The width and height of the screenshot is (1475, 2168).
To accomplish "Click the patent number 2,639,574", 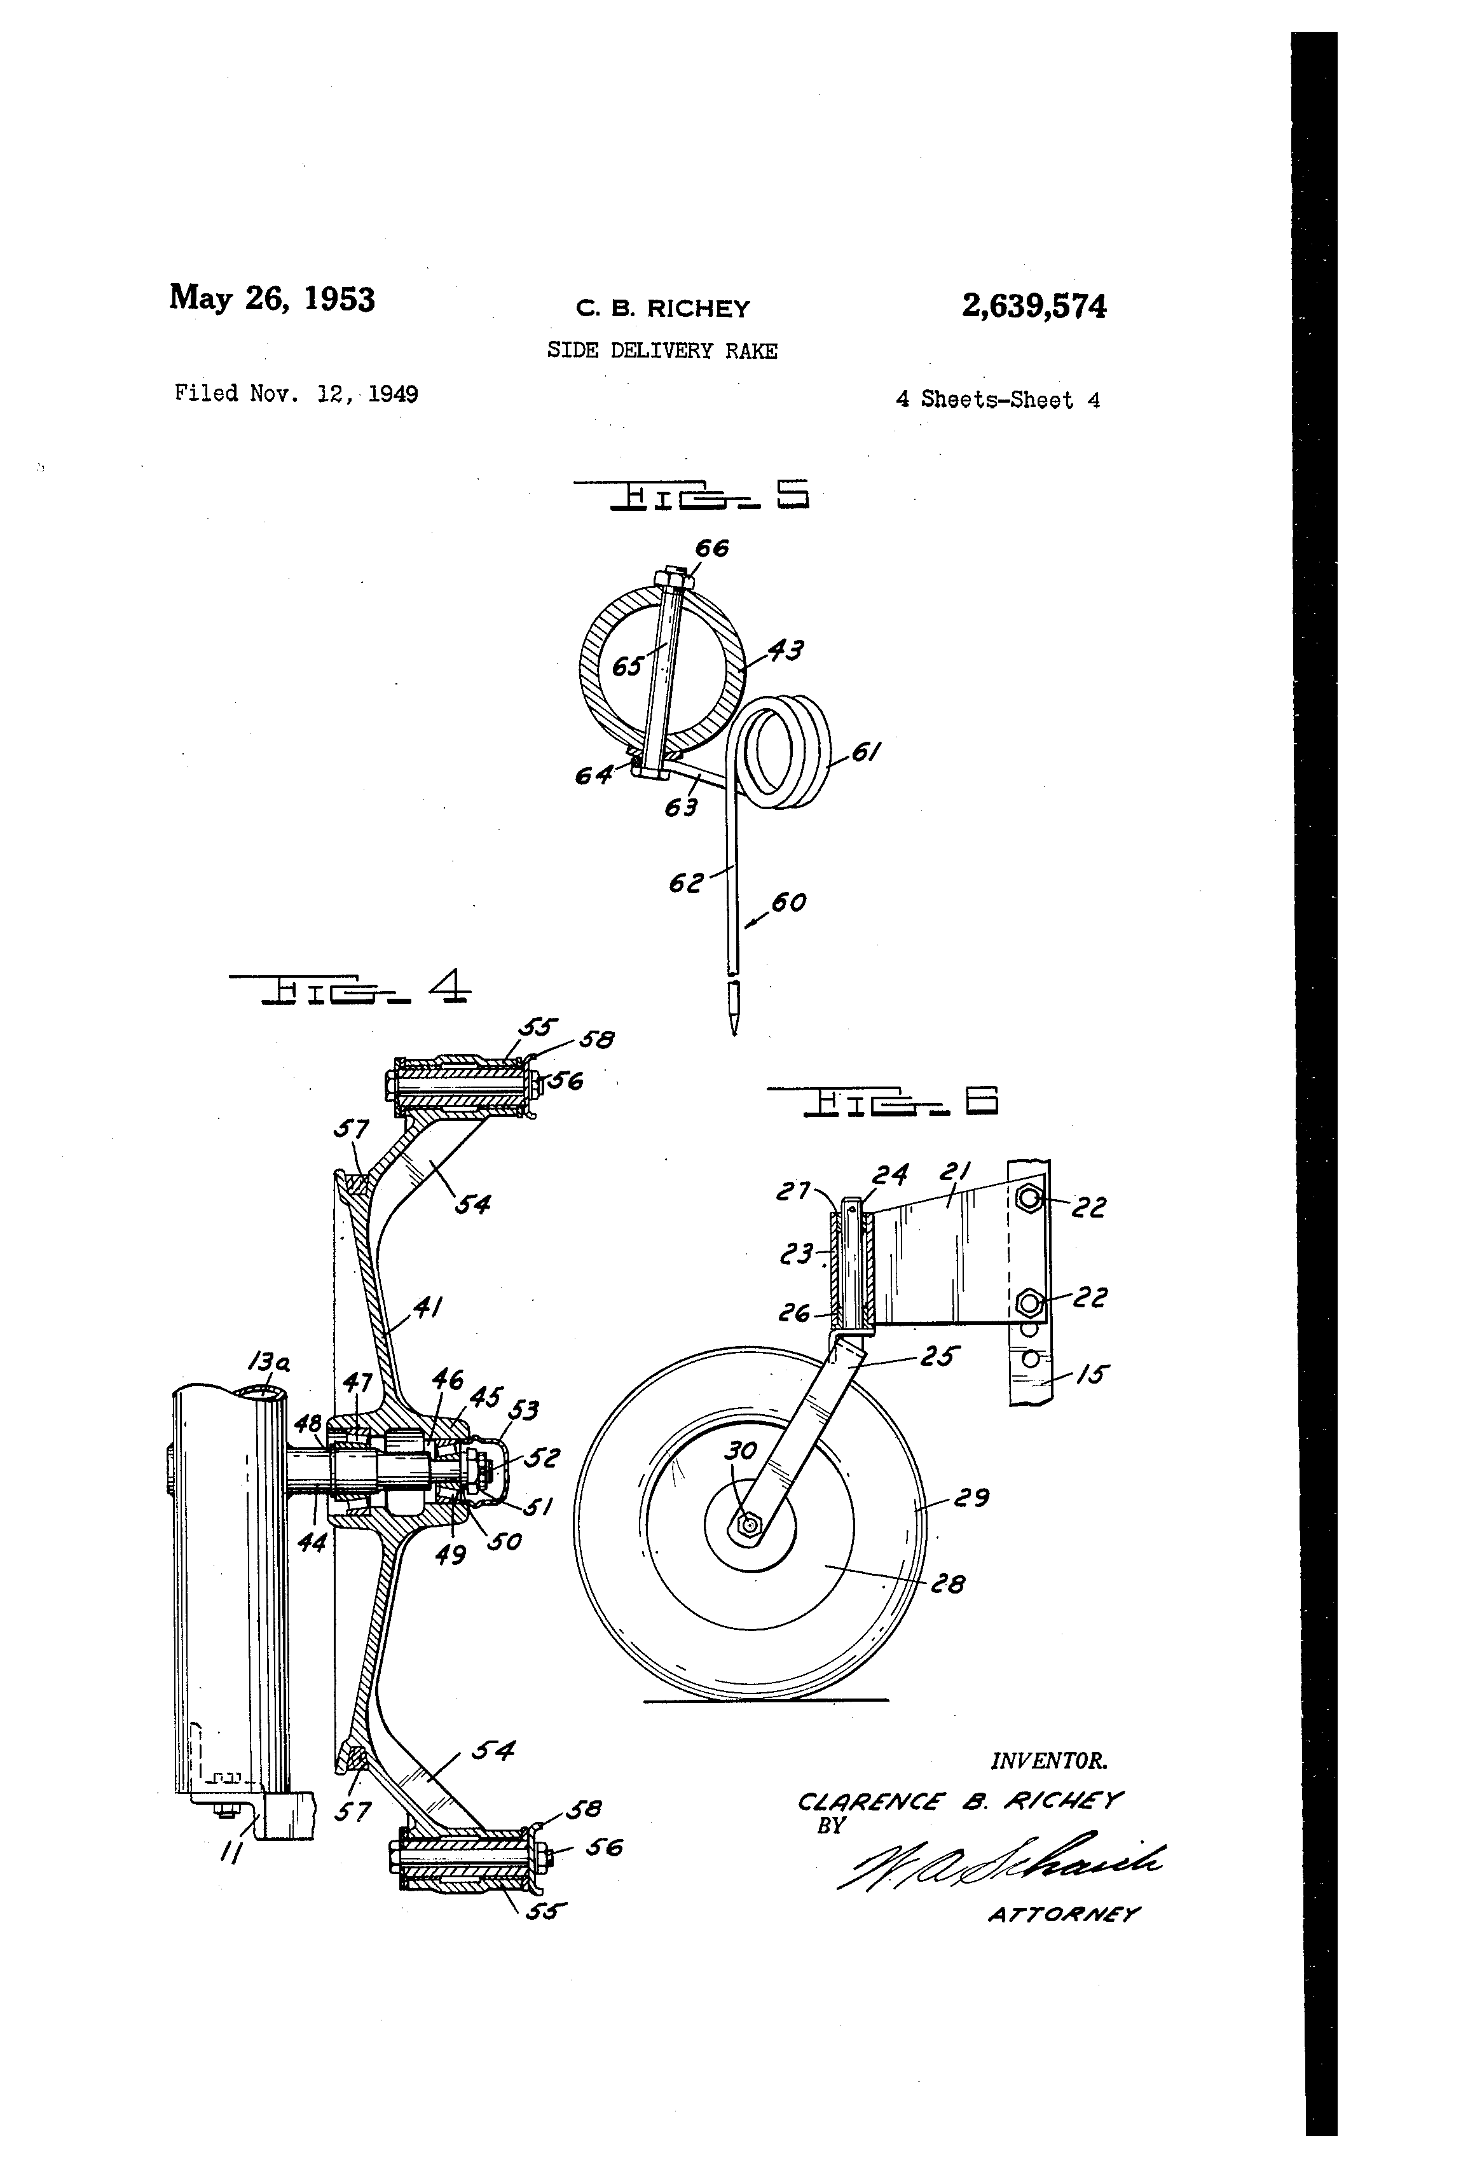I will [x=1033, y=306].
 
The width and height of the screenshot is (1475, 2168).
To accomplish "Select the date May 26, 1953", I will [x=271, y=298].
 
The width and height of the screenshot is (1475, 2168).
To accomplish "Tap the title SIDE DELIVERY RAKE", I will [x=662, y=351].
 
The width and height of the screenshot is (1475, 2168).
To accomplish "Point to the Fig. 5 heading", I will [x=691, y=496].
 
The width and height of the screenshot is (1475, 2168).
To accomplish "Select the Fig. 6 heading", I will [x=882, y=1102].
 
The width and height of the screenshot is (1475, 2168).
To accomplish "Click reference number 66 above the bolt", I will [x=711, y=548].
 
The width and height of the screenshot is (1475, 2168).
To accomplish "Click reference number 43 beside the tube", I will [x=785, y=650].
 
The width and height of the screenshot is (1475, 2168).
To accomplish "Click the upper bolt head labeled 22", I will [x=1029, y=1199].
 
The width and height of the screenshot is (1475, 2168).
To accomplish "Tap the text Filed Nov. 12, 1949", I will [x=296, y=394].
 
